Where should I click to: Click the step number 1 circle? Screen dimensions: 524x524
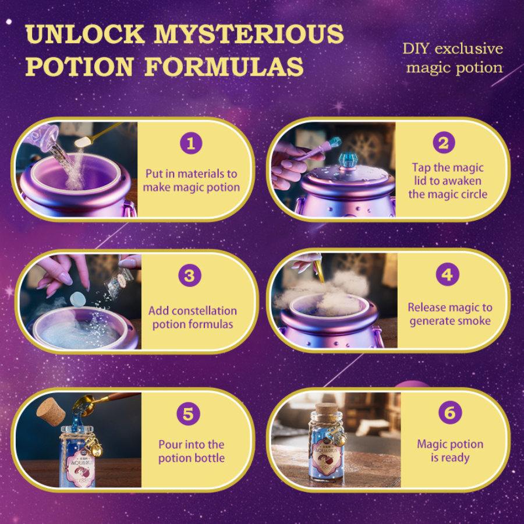tap(191, 143)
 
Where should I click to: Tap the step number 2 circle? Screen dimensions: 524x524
tap(444, 143)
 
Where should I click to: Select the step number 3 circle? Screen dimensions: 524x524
tap(189, 275)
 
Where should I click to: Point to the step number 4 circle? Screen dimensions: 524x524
tap(448, 274)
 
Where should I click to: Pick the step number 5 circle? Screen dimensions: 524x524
tap(188, 414)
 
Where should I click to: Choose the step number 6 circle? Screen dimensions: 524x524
tap(450, 412)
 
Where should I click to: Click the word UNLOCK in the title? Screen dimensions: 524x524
tap(85, 34)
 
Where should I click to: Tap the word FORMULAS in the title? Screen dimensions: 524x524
tap(224, 66)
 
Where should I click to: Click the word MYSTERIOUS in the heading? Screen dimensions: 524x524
tap(249, 34)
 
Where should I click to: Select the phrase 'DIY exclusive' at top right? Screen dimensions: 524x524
tap(453, 49)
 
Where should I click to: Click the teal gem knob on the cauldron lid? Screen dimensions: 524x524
tap(349, 160)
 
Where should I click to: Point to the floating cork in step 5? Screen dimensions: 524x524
tap(51, 412)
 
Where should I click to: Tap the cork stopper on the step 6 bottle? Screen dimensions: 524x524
tap(327, 409)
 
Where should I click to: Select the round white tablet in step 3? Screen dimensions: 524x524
tap(78, 299)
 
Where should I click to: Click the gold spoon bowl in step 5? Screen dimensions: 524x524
tap(83, 405)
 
